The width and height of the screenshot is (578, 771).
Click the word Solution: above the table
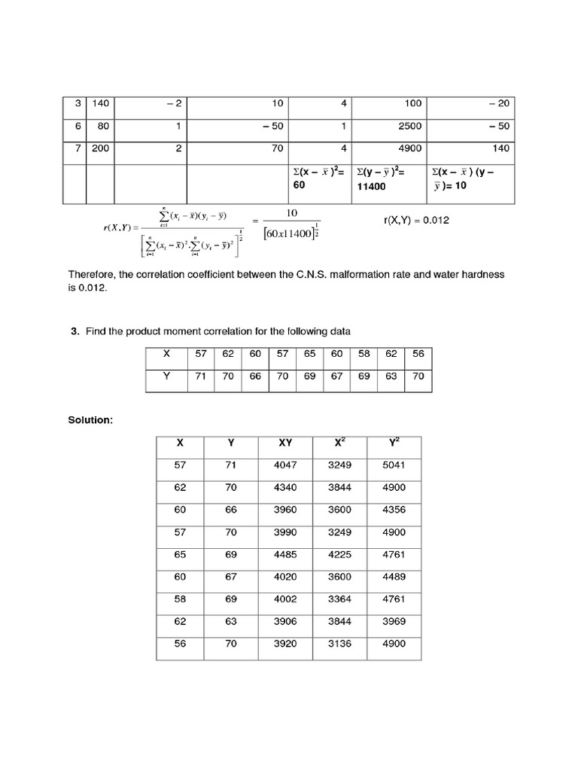[x=90, y=419]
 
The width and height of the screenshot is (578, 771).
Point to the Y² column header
[x=394, y=443]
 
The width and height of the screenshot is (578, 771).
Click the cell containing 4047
[x=286, y=465]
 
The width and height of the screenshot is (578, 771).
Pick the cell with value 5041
[x=394, y=465]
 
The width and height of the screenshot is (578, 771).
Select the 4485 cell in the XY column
[x=286, y=554]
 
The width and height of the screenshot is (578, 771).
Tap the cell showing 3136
[x=339, y=644]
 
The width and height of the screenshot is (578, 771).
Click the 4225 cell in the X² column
[x=339, y=554]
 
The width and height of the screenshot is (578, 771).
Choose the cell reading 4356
[x=394, y=510]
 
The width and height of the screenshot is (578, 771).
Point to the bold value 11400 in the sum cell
[x=371, y=185]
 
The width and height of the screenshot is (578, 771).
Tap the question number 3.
[x=75, y=332]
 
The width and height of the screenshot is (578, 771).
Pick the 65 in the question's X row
[x=309, y=353]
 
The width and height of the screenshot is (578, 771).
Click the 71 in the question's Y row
[x=200, y=376]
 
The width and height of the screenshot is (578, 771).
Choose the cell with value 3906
[x=286, y=621]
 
